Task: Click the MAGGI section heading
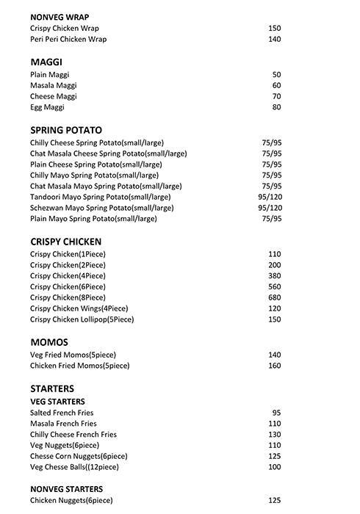tap(47, 62)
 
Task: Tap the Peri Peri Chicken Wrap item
tap(68, 40)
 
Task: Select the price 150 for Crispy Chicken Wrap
tap(275, 29)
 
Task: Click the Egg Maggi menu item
tap(48, 107)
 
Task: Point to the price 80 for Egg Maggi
tap(276, 107)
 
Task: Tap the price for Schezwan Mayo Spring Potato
tap(270, 208)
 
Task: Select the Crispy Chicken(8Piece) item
tap(68, 297)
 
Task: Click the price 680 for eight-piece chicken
tap(275, 297)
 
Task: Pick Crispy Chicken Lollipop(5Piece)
tap(82, 319)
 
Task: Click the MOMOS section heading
tap(49, 342)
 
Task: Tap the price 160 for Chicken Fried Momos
tap(275, 366)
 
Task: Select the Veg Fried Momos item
tap(68, 355)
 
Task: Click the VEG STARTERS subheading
tap(57, 402)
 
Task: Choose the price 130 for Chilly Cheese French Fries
tap(275, 435)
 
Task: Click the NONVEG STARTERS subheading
tap(67, 489)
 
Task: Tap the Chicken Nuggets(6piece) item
tap(71, 501)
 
